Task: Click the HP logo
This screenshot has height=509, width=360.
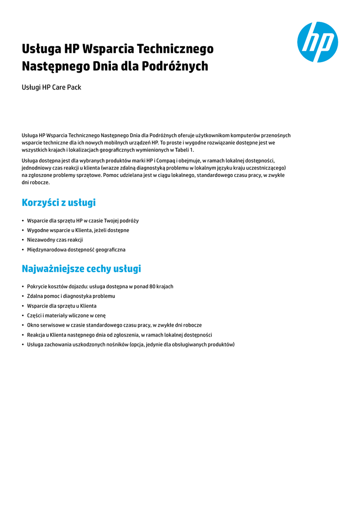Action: tap(317, 42)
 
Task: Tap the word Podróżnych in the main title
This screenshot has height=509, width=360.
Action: tap(177, 66)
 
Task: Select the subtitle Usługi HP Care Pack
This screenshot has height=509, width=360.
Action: tap(51, 87)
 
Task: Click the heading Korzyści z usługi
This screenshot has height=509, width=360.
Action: tap(59, 203)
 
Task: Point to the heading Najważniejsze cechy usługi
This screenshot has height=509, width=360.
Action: tap(82, 269)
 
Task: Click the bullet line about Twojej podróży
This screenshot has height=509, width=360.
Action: tap(83, 221)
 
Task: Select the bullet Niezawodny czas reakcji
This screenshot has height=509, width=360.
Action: tap(55, 240)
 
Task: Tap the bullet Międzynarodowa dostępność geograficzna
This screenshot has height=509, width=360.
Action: tap(76, 250)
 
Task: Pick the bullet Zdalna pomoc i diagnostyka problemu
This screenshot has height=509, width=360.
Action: tap(71, 296)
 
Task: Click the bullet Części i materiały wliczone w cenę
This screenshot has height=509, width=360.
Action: tap(66, 316)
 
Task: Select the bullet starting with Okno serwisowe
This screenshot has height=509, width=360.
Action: tap(114, 325)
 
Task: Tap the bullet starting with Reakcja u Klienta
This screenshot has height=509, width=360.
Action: tap(119, 335)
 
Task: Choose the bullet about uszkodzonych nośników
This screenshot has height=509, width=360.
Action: tap(130, 344)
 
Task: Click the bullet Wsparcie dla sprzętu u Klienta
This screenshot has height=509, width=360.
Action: tap(62, 306)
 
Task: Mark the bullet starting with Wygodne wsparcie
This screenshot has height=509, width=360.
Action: tap(78, 230)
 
